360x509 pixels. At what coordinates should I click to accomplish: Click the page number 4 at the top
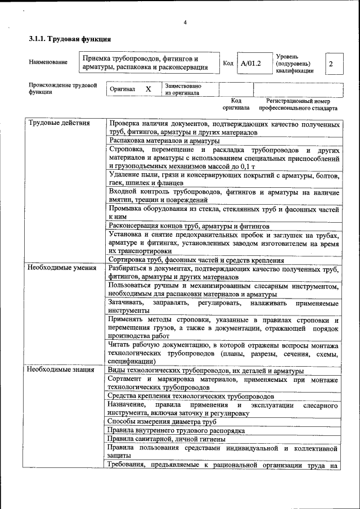[184, 22]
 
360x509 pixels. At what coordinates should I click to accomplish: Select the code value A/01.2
[250, 64]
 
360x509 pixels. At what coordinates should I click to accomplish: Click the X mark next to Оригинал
[148, 89]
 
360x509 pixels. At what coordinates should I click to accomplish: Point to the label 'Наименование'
[48, 62]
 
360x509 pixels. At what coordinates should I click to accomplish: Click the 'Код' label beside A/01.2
[228, 64]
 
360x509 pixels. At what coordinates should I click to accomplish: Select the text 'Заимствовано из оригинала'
[183, 89]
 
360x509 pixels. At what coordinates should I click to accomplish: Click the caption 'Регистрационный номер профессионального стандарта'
[298, 104]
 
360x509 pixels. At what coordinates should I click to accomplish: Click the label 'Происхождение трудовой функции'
[62, 89]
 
